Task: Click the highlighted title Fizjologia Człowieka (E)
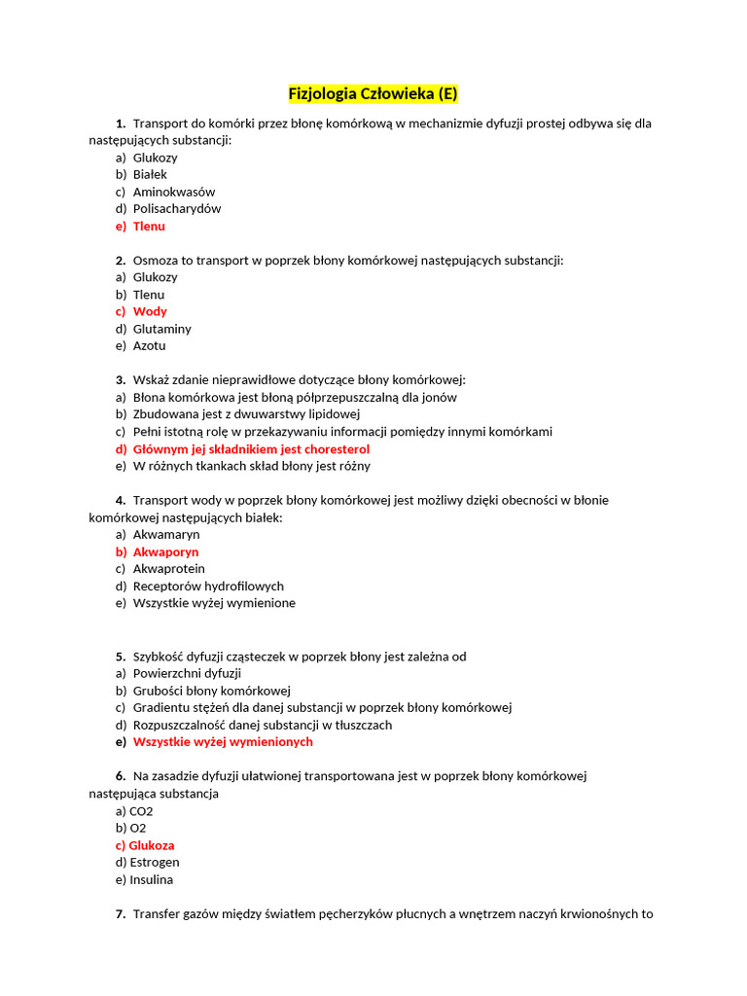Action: [x=373, y=94]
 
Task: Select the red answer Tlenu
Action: [x=149, y=226]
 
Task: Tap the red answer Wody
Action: [x=150, y=311]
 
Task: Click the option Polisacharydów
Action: [x=177, y=208]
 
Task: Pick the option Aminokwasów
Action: [x=174, y=192]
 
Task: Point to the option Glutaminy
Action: [x=162, y=329]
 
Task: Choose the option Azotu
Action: [x=150, y=345]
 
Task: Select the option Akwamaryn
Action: [x=166, y=534]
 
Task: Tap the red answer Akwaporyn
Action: [x=165, y=551]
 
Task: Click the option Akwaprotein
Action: [x=169, y=568]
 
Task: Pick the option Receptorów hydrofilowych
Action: [x=208, y=586]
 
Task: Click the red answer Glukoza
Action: [x=152, y=845]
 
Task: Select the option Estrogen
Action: [x=155, y=862]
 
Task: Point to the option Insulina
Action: [x=152, y=879]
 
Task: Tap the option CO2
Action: [x=141, y=810]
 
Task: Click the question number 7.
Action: [x=121, y=914]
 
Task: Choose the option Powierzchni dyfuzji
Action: [x=187, y=673]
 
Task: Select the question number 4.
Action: [x=121, y=500]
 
